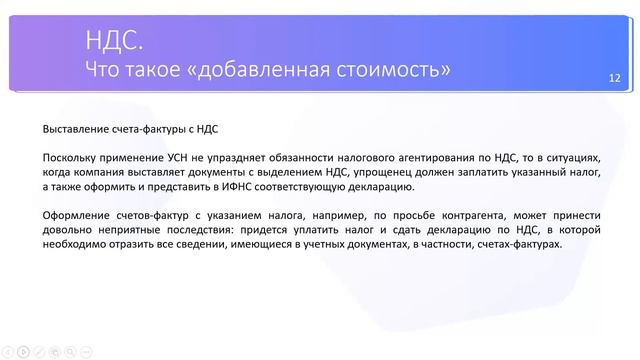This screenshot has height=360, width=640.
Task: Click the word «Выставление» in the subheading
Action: tap(78, 129)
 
